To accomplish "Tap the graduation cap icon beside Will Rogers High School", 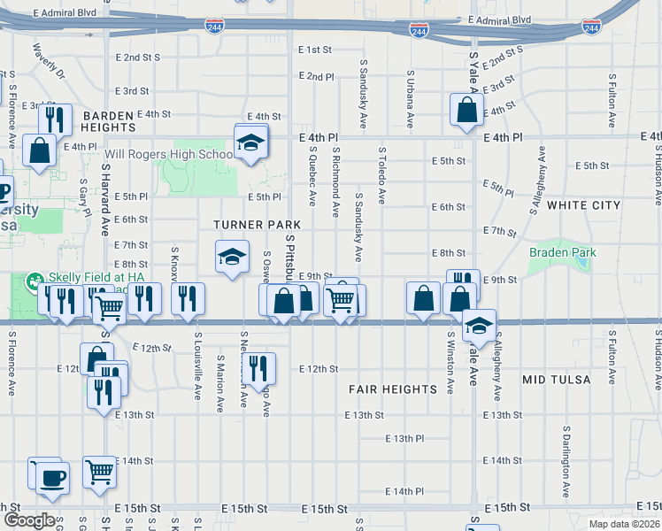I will (x=250, y=142).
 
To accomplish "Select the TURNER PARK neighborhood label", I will (x=256, y=226).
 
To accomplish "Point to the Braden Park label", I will (x=562, y=253).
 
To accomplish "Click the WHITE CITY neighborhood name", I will (x=583, y=205).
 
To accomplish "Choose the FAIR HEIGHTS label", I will (x=392, y=389).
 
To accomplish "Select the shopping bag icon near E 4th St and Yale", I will (x=466, y=111).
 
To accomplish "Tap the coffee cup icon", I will (x=50, y=478).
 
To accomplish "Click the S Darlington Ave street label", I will (x=566, y=460).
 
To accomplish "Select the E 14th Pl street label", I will (x=405, y=491).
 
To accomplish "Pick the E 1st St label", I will (x=314, y=50).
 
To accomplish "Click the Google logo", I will (x=28, y=520).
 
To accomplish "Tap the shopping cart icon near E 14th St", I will (x=99, y=472).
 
